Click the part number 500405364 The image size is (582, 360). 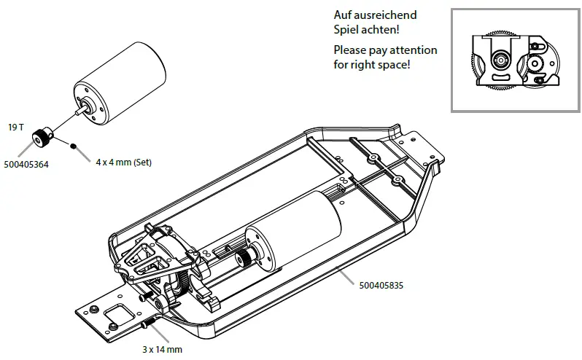click(x=29, y=165)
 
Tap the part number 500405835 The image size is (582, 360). click(x=379, y=286)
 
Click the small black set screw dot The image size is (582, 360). click(x=74, y=146)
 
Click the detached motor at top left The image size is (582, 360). click(x=120, y=81)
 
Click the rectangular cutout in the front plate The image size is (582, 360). click(x=116, y=314)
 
